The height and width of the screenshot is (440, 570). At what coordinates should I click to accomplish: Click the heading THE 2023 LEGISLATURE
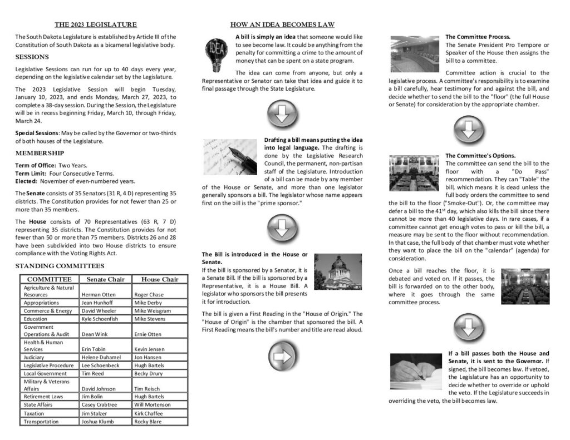pyautogui.click(x=95, y=24)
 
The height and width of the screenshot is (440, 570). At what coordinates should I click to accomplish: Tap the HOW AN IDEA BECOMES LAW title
pyautogui.click(x=282, y=24)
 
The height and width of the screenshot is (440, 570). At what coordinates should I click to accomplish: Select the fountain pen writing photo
pyautogui.click(x=229, y=157)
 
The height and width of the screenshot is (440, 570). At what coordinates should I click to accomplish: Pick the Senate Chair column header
pyautogui.click(x=106, y=279)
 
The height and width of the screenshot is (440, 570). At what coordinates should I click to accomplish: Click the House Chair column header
pyautogui.click(x=160, y=279)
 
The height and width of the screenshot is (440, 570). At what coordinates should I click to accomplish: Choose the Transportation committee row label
pyautogui.click(x=41, y=422)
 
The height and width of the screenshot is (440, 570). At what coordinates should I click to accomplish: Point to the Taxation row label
pyautogui.click(x=35, y=413)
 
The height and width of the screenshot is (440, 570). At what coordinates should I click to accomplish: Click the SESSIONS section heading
pyautogui.click(x=32, y=57)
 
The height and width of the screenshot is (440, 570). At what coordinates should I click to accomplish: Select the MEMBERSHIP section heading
pyautogui.click(x=40, y=153)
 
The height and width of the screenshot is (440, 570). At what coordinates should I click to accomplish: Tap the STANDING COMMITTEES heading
pyautogui.click(x=60, y=266)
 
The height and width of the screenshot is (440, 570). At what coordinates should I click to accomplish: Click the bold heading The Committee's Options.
pyautogui.click(x=480, y=155)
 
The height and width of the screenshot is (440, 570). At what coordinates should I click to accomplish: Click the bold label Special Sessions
pyautogui.click(x=37, y=133)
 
